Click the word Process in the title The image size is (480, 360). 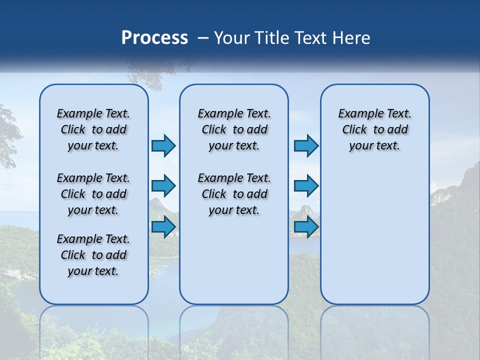coord(154,38)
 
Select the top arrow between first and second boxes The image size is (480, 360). coord(163,146)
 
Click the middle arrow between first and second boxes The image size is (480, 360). coord(163,186)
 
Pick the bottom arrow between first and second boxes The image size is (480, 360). coord(163,227)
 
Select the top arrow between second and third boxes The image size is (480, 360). coord(306,146)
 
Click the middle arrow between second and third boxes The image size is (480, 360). coord(306,186)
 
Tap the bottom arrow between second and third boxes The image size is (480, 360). coord(306,227)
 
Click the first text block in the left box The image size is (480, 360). coord(93,129)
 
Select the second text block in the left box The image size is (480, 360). coord(93,194)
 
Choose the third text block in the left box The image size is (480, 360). coord(93,255)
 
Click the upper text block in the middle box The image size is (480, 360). coord(234,129)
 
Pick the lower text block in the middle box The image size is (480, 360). coord(234,194)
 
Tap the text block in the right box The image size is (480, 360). coord(374,129)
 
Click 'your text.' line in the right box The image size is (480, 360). coord(374,146)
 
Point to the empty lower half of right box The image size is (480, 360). coord(374,240)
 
